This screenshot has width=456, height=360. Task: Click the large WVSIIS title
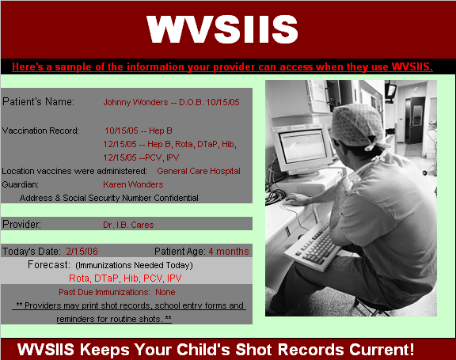[222, 29]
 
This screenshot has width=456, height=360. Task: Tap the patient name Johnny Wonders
[135, 102]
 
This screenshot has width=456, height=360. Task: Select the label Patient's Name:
[38, 102]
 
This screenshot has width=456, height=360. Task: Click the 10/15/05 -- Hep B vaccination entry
[139, 131]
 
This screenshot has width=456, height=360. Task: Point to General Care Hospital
[199, 171]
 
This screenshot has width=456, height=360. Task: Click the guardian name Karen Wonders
[133, 184]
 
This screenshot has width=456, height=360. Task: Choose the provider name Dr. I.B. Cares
[128, 225]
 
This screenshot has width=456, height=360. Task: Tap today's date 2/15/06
[82, 252]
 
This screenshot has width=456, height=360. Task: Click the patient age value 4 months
[229, 252]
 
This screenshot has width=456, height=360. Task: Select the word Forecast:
[49, 265]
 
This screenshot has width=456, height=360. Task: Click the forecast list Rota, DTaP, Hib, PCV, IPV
[125, 279]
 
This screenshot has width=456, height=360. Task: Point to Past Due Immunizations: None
[117, 292]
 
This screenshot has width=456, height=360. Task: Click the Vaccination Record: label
[40, 131]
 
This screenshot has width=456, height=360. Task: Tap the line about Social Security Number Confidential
[108, 198]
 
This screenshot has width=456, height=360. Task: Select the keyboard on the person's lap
[313, 246]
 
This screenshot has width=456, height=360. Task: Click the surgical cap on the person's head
[359, 125]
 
